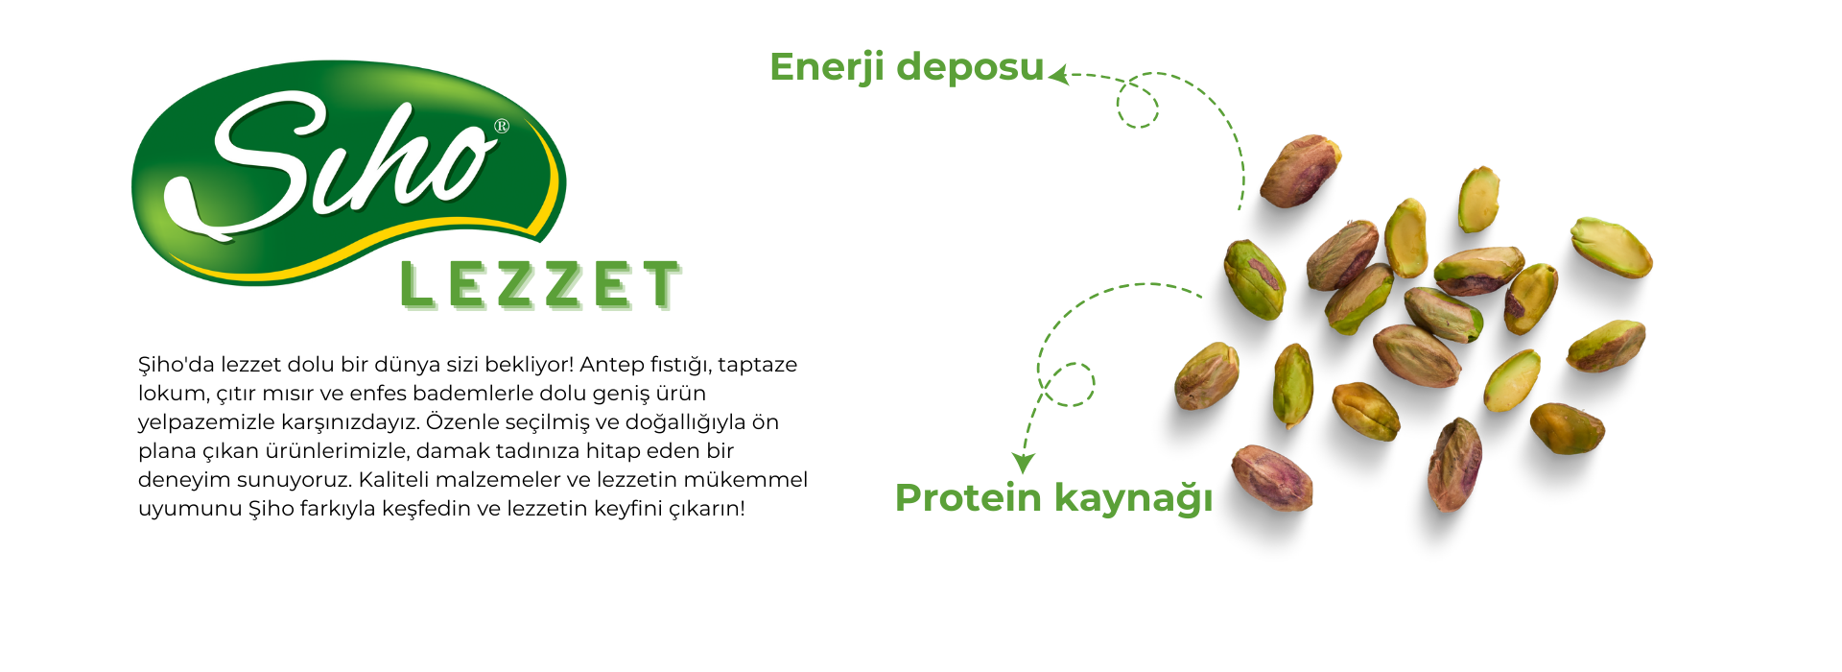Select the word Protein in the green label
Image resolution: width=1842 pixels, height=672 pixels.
pos(968,498)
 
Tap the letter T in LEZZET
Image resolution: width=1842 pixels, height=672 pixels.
pos(662,285)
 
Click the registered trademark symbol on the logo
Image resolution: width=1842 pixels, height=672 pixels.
pos(501,126)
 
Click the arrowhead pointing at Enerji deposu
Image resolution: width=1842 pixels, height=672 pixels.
pos(1058,75)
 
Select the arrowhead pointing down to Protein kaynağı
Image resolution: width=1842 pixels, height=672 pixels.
pos(1024,463)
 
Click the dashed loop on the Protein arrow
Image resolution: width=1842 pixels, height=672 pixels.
pos(1069,385)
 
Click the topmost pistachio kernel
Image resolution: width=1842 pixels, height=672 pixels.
pos(1300,171)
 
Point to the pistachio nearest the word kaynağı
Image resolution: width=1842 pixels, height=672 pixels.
pos(1272,477)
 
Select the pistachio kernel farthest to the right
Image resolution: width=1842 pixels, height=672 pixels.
pos(1611,247)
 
